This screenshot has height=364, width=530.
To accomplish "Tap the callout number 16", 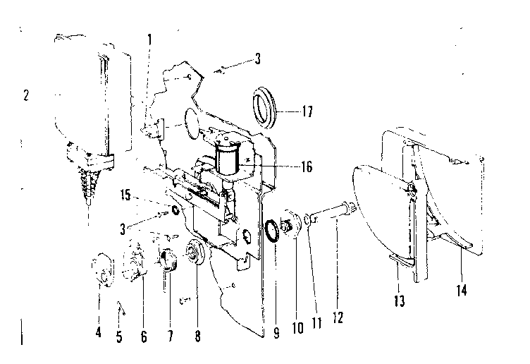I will pyautogui.click(x=306, y=167).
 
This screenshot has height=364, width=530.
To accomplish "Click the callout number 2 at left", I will pyautogui.click(x=26, y=97).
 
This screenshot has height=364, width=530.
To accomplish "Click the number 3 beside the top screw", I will pyautogui.click(x=258, y=60).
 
